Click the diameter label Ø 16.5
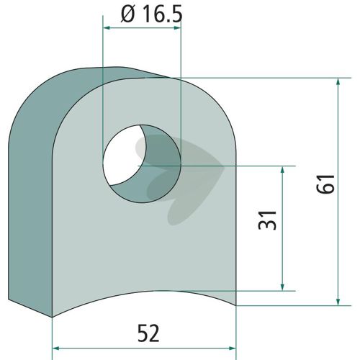(x=152, y=14)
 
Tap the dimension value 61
(x=325, y=184)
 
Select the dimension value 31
(x=267, y=220)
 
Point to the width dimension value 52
(x=148, y=333)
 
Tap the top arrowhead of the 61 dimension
(x=338, y=82)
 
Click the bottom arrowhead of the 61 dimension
(x=338, y=302)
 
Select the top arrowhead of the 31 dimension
(x=282, y=170)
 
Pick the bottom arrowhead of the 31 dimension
(x=282, y=287)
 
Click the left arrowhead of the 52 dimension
(x=57, y=348)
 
